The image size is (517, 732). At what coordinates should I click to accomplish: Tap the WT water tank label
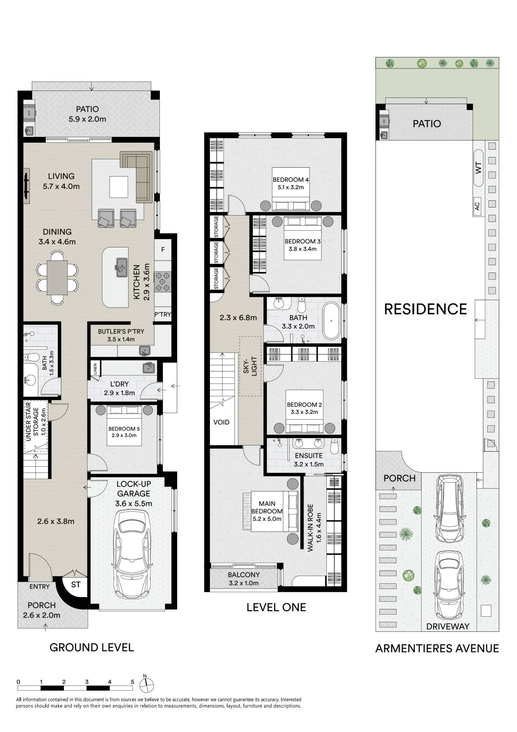pos(478,168)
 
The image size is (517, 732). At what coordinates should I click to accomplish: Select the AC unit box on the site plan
pos(477,206)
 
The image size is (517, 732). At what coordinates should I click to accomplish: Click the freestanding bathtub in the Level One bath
pos(331,321)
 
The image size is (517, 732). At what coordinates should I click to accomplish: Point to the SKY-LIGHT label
pos(250,366)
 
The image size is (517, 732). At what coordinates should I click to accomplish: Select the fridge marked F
pos(163,250)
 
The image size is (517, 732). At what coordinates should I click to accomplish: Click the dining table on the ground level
pos(57,277)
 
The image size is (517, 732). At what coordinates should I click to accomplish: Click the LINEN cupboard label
pos(95,369)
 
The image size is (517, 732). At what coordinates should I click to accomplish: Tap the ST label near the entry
pos(76,585)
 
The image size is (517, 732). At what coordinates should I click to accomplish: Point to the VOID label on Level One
pos(221,422)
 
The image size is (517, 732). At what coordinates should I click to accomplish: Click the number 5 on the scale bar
pos(132,682)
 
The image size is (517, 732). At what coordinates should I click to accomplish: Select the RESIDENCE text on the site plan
pos(426,309)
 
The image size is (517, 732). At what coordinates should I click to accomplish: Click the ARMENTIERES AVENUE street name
pos(437,649)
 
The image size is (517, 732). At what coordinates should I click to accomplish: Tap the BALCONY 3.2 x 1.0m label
pos(244,579)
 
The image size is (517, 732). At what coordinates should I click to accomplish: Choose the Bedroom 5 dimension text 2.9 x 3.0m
pos(124,436)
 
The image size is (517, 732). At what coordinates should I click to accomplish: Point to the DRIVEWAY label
pos(448,626)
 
